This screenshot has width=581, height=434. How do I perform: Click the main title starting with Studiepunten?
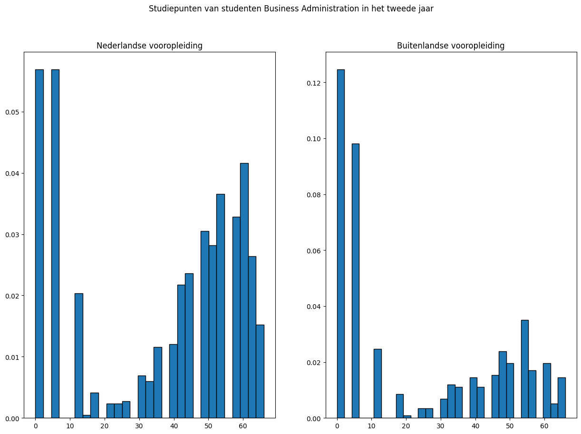tap(290, 9)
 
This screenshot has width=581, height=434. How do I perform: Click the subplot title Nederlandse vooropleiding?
tap(149, 46)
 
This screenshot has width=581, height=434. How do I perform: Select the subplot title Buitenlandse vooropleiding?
tap(451, 46)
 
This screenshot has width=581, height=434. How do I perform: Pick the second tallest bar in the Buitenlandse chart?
tap(355, 280)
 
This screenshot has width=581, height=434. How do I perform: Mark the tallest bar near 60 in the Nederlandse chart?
tap(244, 290)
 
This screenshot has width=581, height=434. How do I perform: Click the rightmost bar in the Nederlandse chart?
tap(260, 371)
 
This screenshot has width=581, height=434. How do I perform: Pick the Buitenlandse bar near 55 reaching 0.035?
tap(525, 369)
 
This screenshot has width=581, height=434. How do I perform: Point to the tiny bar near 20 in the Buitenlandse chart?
tap(407, 417)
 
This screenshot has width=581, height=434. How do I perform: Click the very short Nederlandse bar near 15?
tap(87, 416)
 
